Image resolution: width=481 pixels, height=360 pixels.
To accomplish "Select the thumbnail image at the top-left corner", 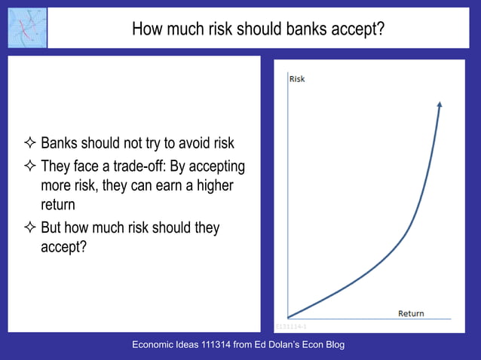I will [x=27, y=28].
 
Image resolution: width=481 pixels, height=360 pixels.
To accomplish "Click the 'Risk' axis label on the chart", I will [x=297, y=79].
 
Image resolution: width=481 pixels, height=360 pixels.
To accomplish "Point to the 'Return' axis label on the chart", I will [x=411, y=313].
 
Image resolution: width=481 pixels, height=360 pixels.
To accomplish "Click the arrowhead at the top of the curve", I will [x=440, y=105].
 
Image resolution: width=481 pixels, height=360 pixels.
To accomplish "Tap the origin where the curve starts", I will [x=289, y=318].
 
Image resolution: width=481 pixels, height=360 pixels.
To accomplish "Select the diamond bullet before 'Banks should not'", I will [x=30, y=144].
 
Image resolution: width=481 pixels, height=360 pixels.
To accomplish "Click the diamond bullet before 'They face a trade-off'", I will [x=30, y=166].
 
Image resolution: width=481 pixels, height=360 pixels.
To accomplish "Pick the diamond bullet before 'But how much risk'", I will [x=30, y=227].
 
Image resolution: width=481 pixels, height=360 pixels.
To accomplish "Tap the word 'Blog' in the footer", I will [x=332, y=345].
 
